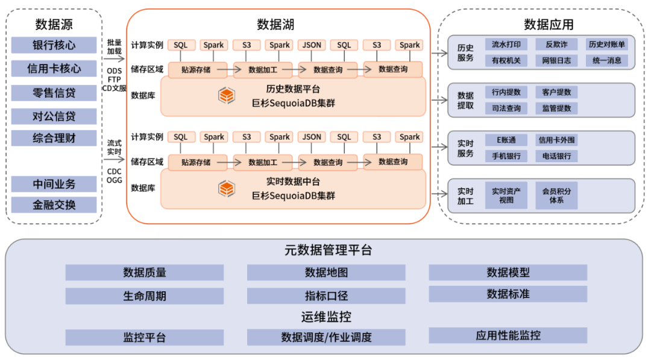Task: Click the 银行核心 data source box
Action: click(x=54, y=45)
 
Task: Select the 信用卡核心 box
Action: click(x=54, y=69)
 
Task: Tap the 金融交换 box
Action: click(x=54, y=204)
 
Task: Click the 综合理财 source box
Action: click(x=54, y=138)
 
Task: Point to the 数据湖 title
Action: click(x=275, y=25)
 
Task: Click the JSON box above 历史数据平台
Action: click(x=312, y=45)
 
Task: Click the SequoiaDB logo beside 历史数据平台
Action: click(x=227, y=95)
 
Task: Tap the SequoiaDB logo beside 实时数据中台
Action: click(x=227, y=189)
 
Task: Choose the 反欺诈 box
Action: click(x=556, y=45)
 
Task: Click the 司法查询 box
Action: click(x=506, y=109)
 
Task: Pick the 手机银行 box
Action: click(x=506, y=156)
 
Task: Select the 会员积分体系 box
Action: click(x=556, y=195)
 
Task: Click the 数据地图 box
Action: click(x=326, y=273)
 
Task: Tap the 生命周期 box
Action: click(x=145, y=296)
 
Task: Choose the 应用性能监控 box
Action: click(x=508, y=335)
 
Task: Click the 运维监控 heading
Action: click(x=326, y=317)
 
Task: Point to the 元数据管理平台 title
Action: click(x=328, y=250)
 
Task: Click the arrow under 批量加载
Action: click(x=114, y=59)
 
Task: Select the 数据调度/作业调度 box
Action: click(x=326, y=337)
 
